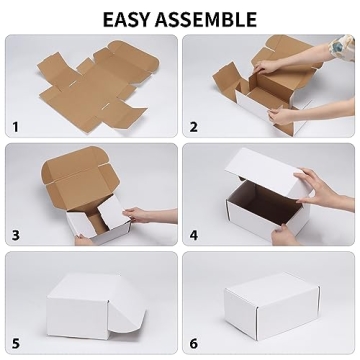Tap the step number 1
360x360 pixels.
(15, 127)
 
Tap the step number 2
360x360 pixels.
(194, 127)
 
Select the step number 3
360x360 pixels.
(15, 235)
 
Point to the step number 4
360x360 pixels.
(194, 235)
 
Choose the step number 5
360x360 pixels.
(15, 343)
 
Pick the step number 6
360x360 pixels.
(194, 343)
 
